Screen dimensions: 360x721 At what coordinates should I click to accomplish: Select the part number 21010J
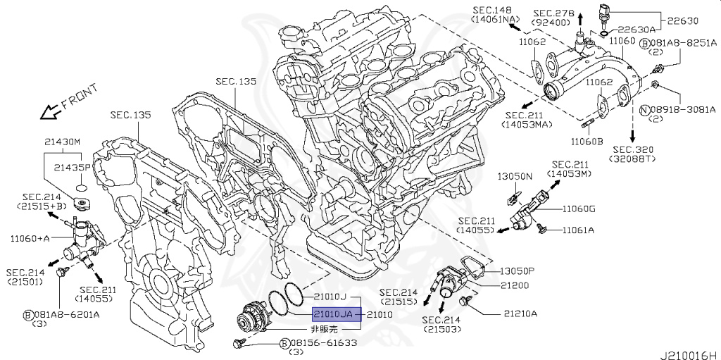pos(327,297)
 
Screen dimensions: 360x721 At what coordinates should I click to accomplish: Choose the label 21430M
pos(63,142)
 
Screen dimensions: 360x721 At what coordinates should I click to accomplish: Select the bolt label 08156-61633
pos(323,343)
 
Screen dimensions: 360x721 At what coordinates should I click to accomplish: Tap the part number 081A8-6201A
pos(67,314)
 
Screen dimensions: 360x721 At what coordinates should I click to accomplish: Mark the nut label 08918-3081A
pos(682,109)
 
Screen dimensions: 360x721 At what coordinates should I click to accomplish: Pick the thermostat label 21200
pos(514,285)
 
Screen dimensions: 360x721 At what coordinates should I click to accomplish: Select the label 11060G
pos(578,209)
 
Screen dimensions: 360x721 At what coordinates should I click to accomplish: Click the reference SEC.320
pos(633,149)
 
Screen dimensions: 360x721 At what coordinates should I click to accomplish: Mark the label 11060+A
pos(30,238)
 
